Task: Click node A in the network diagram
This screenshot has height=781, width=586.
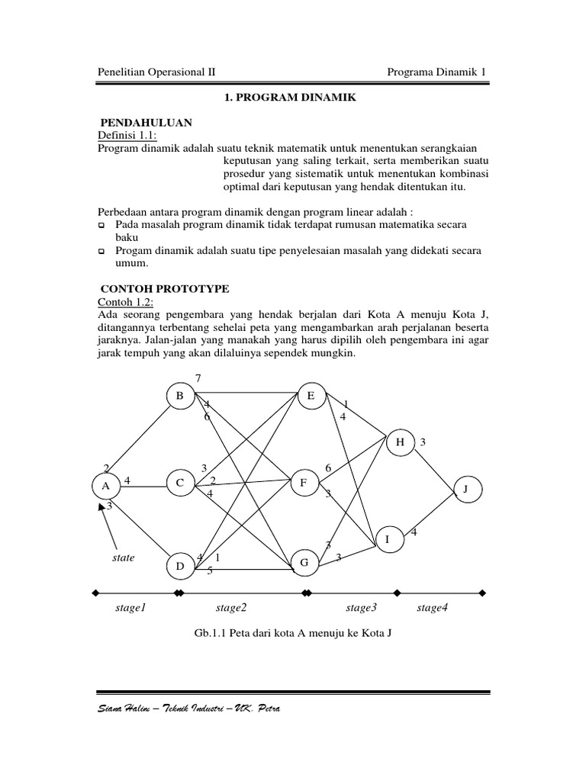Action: (105, 484)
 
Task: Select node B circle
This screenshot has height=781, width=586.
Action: (180, 395)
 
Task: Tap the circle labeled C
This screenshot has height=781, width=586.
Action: (180, 483)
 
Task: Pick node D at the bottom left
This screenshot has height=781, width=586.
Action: (180, 566)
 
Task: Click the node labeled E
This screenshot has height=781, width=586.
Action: (311, 395)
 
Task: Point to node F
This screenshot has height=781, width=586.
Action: (304, 483)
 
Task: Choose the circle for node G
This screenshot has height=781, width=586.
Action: (304, 563)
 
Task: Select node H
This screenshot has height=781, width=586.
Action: (400, 442)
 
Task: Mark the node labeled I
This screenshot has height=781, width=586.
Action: (388, 540)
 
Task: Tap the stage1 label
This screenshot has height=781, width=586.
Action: (130, 608)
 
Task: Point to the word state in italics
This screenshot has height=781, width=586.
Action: (123, 558)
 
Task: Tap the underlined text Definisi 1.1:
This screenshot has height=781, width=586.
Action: (126, 135)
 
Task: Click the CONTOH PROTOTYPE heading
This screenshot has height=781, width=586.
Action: (165, 289)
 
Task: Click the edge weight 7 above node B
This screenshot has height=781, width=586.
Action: (199, 379)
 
